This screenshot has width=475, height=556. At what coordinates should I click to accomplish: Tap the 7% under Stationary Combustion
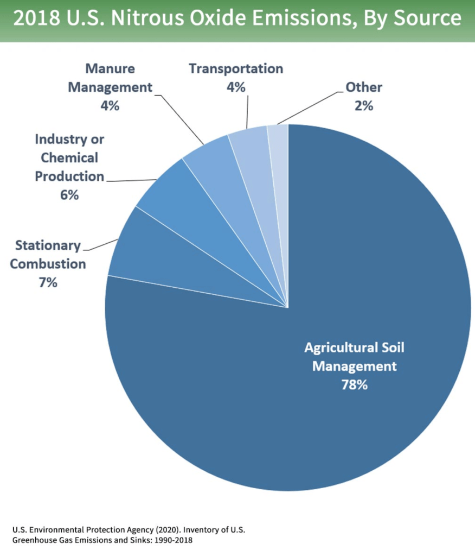click(x=48, y=282)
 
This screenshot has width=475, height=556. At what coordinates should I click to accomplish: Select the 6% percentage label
click(x=69, y=194)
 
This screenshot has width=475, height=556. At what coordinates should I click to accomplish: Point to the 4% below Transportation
click(x=236, y=87)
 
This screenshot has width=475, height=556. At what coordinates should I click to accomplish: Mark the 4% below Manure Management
click(x=110, y=105)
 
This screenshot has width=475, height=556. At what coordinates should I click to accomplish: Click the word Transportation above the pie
click(x=236, y=69)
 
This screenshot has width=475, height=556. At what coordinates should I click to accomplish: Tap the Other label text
click(x=364, y=87)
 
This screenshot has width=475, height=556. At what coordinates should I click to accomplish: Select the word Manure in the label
click(x=110, y=69)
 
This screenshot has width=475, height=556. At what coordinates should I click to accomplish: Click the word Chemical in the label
click(x=69, y=158)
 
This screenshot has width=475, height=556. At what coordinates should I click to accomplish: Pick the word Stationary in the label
click(x=48, y=246)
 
